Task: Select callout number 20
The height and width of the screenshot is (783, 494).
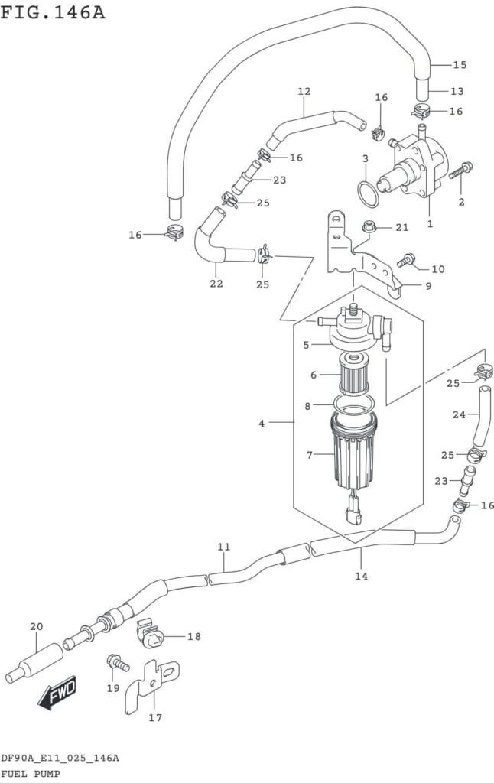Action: pos(36,627)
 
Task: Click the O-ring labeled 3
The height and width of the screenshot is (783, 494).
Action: pos(369,194)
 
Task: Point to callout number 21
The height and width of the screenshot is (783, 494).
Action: pos(402,228)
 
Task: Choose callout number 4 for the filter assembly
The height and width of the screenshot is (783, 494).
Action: pos(262,422)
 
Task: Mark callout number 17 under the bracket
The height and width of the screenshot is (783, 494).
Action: pos(155,718)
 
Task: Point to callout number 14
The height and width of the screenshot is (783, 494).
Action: pos(362,575)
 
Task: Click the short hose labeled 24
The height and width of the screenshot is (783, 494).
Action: pos(483,417)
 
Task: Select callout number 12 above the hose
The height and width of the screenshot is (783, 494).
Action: pos(304,92)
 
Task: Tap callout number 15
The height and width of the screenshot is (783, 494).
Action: pos(459,65)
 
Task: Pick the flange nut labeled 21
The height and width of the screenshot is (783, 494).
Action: pos(369,226)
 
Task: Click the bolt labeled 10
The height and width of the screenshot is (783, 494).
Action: pos(408,260)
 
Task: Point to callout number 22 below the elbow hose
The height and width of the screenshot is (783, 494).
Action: pos(216,284)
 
